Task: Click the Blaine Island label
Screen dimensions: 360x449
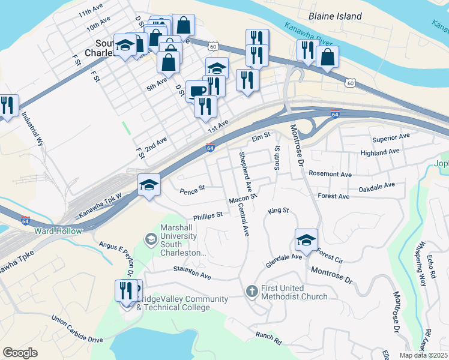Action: [335, 16]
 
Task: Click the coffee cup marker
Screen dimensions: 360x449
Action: [197, 92]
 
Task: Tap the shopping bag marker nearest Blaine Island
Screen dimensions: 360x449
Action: [327, 58]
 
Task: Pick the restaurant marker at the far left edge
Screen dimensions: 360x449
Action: [7, 106]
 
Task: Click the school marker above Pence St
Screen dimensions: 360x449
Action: [149, 184]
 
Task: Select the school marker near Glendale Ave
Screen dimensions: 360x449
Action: [306, 240]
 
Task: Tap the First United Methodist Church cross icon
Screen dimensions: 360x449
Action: [252, 291]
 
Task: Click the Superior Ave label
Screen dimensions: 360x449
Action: [391, 138]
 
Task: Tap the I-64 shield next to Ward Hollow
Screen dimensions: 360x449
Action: [25, 221]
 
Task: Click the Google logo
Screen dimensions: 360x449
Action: [20, 352]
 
